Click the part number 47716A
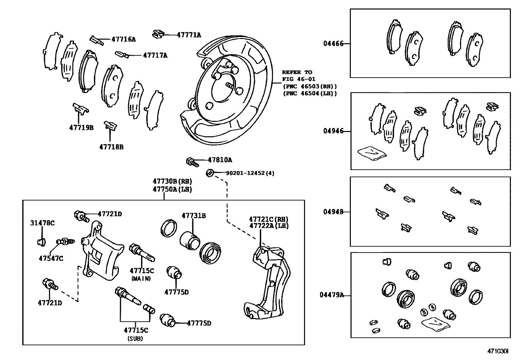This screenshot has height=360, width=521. coord(123,40)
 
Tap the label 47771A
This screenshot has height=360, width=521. coord(189,35)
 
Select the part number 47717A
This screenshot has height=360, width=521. coord(155,55)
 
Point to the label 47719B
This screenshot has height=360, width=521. coord(81,127)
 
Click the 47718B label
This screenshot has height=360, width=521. coord(111,147)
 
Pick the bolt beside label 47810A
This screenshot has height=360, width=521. coord(191,161)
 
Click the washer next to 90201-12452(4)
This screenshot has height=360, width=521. coord(210,172)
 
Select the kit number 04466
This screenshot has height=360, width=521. coord(333,44)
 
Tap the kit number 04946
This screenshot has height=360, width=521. coord(333,131)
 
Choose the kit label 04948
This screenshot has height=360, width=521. coord(333,212)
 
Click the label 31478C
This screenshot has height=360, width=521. coord(43,223)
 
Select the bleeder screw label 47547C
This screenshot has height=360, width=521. coord(51,258)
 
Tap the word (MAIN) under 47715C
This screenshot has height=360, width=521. coord(141,278)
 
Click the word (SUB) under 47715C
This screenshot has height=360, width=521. coord(135,339)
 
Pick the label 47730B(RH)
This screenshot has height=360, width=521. coord(172,181)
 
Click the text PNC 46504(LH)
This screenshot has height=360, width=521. coord(310,93)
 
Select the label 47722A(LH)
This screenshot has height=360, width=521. coord(269,226)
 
